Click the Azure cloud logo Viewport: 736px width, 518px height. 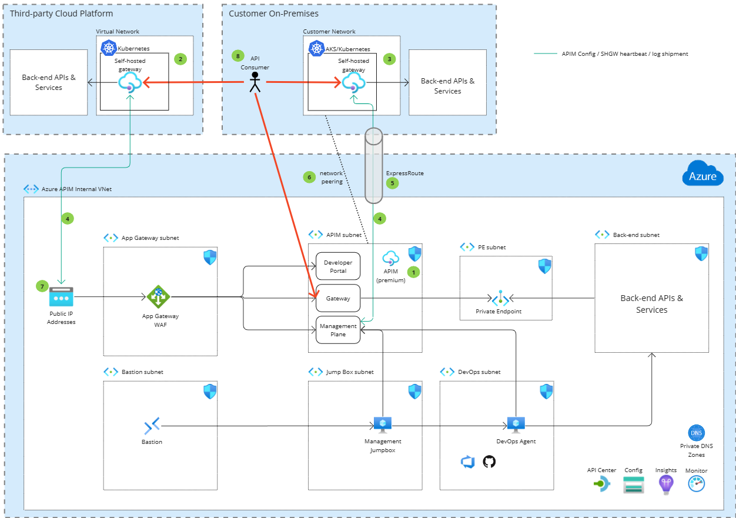point(702,175)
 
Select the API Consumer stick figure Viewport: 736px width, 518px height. point(255,83)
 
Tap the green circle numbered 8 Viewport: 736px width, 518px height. point(237,56)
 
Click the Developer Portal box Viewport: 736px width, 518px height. point(338,267)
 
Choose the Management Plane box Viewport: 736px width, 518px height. point(338,330)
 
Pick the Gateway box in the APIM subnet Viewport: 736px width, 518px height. point(338,299)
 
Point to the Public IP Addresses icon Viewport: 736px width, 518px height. point(62,298)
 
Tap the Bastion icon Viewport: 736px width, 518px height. point(152,426)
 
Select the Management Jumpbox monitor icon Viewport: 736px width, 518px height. point(383,425)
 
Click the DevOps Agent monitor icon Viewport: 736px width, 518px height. point(516,425)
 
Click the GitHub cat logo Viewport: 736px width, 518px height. point(489,462)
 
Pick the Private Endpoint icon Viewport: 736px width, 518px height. point(500,298)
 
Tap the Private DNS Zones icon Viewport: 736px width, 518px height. point(696,433)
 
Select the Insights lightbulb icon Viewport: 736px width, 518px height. point(665,484)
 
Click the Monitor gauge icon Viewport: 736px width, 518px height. point(696,484)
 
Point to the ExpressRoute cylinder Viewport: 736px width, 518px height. point(374,165)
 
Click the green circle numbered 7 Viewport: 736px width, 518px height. point(42,286)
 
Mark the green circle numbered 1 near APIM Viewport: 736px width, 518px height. point(414,272)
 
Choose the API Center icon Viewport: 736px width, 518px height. point(602,484)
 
